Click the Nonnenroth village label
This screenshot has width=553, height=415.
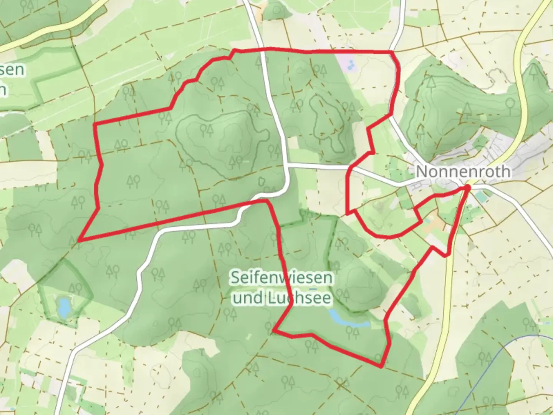pos(463,171)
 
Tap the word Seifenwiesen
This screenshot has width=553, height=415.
pos(282,277)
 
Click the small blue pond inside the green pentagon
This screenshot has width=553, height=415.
pos(63,306)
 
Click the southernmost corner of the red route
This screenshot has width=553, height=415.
pos(381,367)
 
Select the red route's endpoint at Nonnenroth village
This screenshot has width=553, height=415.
pos(467,187)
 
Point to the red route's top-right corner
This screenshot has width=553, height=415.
pos(392,51)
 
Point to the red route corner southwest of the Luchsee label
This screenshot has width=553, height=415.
pos(273,330)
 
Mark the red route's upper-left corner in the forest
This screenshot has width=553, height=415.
pos(95,124)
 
